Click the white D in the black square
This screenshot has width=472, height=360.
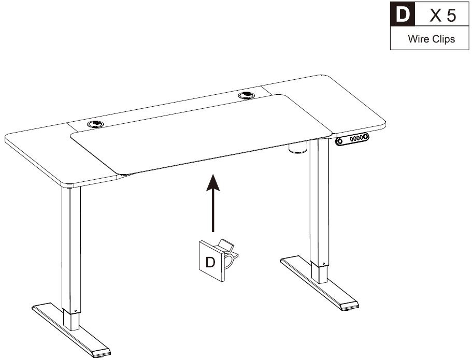pos(403,14)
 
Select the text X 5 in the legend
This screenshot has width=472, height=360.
pos(442,15)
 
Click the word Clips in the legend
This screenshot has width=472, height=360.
pos(444,39)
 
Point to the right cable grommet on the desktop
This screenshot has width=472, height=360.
pos(246,95)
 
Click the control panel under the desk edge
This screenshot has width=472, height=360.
pos(352,139)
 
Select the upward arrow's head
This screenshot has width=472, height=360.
pos(213,182)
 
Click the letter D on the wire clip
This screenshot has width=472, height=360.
pos(210,262)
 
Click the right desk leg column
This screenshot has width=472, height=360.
pos(319,211)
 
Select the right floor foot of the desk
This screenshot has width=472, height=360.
pos(319,283)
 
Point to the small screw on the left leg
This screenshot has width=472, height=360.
pos(75,311)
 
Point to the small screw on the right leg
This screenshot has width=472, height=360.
pos(324,264)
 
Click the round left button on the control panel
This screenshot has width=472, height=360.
pos(339,141)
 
